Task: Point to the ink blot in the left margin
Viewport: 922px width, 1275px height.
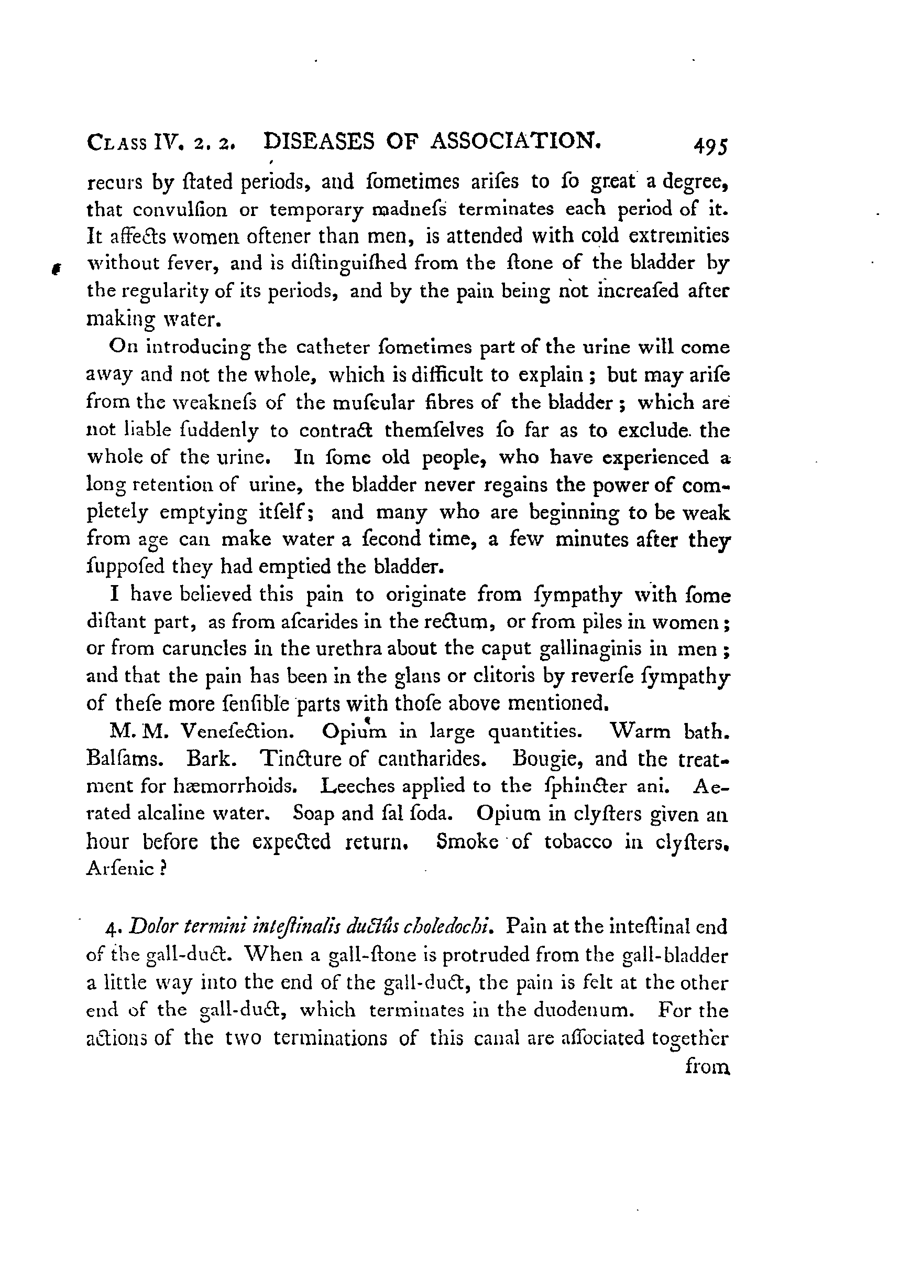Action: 55,270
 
